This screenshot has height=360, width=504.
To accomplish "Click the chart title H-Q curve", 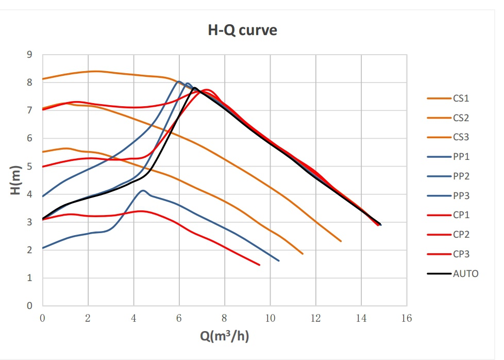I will [x=242, y=30].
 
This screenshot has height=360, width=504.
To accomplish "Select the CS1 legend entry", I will [x=461, y=98].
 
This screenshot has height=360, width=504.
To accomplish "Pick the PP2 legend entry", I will [x=461, y=176].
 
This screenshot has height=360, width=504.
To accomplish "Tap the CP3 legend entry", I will [x=461, y=254].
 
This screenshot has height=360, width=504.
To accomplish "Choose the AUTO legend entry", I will [x=464, y=274].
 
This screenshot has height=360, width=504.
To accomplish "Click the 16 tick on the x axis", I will [x=407, y=318].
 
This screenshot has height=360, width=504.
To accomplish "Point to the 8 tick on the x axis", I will [x=225, y=318].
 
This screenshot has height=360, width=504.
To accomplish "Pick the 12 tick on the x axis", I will [x=315, y=318].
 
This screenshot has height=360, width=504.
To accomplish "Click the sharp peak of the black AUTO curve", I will [x=195, y=88].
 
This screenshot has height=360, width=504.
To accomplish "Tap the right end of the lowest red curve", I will [x=259, y=265].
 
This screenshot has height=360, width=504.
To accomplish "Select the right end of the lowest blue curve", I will [x=279, y=260].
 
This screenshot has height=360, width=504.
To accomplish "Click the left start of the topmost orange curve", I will [x=43, y=79].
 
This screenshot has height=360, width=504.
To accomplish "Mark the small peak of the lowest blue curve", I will [x=143, y=190].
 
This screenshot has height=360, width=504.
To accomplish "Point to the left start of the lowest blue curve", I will [x=43, y=248].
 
